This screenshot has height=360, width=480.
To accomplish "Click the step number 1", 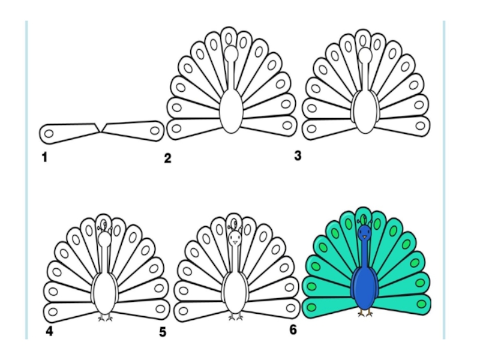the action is point(44,158).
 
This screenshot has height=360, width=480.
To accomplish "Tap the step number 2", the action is point(167,158).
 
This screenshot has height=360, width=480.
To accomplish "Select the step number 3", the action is point(298,157).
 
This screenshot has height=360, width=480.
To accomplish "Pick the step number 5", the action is point(163,332).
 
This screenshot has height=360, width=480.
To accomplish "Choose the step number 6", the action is point(293,329).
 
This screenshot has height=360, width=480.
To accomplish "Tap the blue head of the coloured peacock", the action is point(364,233).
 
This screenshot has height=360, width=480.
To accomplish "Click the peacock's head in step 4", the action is point(105,240).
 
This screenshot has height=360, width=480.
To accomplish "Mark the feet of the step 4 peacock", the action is point(106,316).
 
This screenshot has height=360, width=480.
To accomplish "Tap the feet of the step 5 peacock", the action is point(235,316).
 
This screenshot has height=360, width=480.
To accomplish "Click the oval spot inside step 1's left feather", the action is point(49,133).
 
